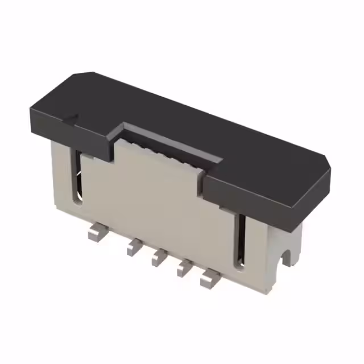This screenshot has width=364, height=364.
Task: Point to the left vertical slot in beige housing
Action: coord(77,176)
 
